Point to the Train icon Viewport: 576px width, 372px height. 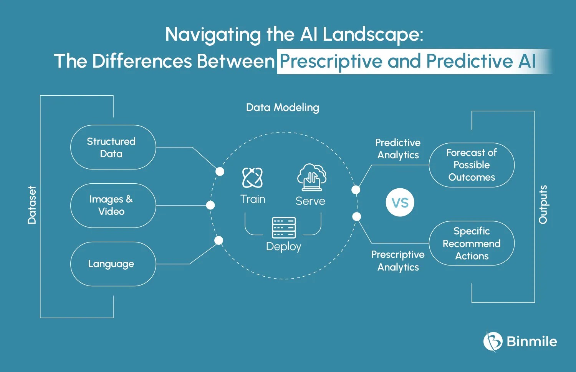[x=252, y=178]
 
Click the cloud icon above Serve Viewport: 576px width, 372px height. [x=311, y=177]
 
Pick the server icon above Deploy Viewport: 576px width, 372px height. [x=284, y=228]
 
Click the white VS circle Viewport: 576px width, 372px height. [x=400, y=203]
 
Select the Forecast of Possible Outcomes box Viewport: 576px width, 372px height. [x=472, y=165]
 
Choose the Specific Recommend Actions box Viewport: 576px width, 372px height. [x=472, y=243]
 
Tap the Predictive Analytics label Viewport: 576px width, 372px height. [x=398, y=149]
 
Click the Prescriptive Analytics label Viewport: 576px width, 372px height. [x=398, y=261]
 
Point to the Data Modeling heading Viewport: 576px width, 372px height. [x=283, y=108]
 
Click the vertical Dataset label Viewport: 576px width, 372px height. [x=32, y=205]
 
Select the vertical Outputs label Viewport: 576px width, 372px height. [x=543, y=204]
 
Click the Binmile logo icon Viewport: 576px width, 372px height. [x=492, y=341]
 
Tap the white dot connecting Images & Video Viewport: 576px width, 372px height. [x=210, y=205]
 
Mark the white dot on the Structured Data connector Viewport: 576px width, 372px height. [x=220, y=171]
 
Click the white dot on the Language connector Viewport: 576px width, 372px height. [x=218, y=241]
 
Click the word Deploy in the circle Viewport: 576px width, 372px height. [x=283, y=246]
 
